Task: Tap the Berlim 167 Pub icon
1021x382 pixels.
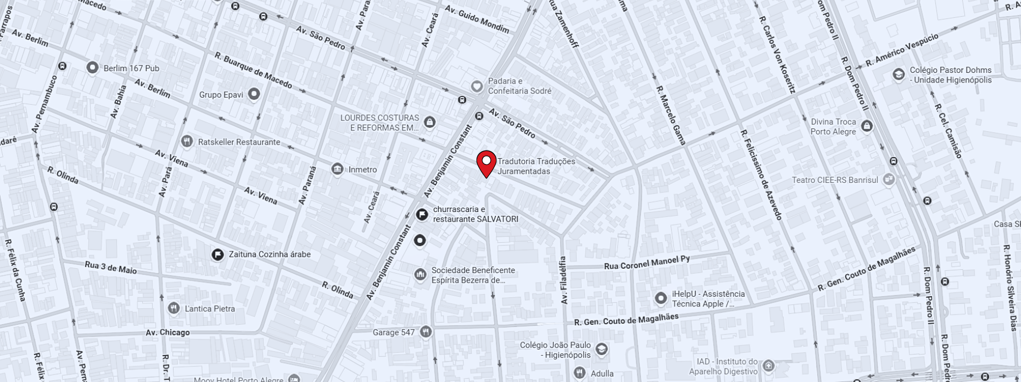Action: (93, 67)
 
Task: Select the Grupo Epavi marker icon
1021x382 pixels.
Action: (253, 94)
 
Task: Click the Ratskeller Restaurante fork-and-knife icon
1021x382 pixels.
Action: (187, 141)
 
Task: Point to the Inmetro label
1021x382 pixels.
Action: (362, 169)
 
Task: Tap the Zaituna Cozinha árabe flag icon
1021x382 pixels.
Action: (217, 254)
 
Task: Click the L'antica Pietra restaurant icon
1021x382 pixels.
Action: (174, 308)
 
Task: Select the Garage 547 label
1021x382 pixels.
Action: (394, 332)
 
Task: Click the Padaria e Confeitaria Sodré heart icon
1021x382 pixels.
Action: (477, 86)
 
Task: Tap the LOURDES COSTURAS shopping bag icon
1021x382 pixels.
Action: (430, 122)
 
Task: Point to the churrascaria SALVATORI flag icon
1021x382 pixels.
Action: (422, 214)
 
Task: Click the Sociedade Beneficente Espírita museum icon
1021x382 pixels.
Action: (420, 275)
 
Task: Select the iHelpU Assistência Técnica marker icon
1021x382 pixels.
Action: (661, 298)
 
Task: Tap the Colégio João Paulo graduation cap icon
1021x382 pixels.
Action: (602, 350)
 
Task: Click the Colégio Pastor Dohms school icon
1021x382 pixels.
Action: (898, 74)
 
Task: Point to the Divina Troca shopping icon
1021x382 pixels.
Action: (867, 126)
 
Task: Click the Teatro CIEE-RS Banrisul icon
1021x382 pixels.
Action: (888, 180)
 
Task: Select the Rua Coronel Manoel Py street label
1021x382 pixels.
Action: (646, 263)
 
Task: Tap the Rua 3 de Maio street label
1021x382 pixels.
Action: (111, 267)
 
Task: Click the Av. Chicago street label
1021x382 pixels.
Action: (167, 332)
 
